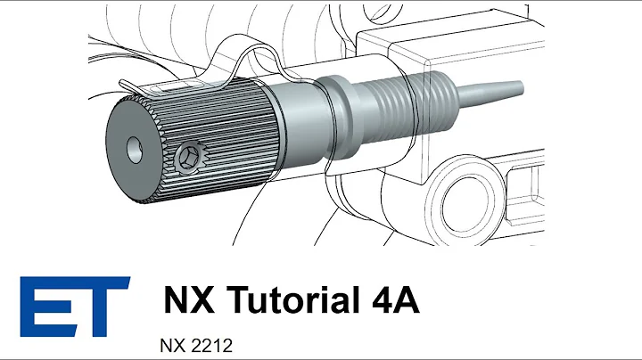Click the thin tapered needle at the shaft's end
[x=486, y=89]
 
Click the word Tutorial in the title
[x=284, y=299]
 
